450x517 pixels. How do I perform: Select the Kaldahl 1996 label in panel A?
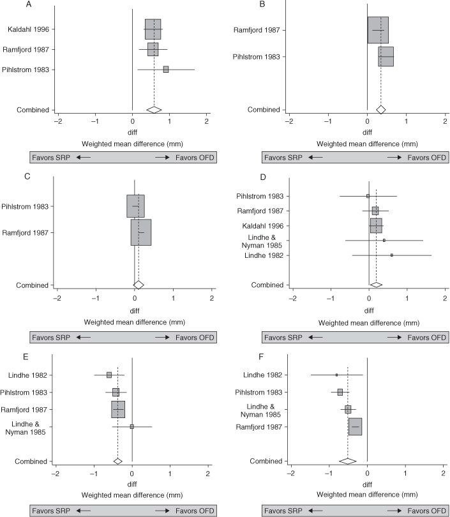(28, 29)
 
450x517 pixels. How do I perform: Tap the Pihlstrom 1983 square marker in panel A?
(166, 70)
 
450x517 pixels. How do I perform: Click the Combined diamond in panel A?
(154, 110)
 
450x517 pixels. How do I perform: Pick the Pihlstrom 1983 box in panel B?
(386, 57)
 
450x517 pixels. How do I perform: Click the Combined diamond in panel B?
(381, 110)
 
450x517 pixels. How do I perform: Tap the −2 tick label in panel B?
(289, 121)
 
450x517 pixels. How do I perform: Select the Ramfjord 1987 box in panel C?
(141, 232)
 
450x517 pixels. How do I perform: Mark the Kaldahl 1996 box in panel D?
(376, 225)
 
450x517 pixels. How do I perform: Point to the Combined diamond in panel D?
(377, 285)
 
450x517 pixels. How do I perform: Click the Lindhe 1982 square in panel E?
(109, 375)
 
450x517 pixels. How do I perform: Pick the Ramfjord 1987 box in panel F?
(356, 426)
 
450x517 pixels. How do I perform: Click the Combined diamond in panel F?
(348, 461)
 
